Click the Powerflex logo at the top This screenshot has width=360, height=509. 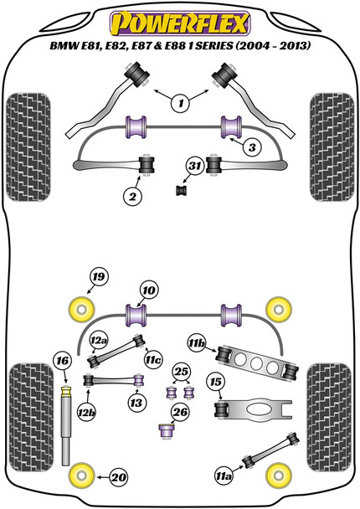179,18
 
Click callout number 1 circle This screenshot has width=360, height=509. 179,104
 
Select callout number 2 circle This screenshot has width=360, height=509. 131,197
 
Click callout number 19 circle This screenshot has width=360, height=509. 99,278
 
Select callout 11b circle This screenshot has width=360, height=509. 197,343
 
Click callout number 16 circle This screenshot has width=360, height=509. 60,361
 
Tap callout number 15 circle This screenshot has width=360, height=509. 216,383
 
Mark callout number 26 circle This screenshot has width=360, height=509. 179,411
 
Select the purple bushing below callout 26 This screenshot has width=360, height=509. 166,432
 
